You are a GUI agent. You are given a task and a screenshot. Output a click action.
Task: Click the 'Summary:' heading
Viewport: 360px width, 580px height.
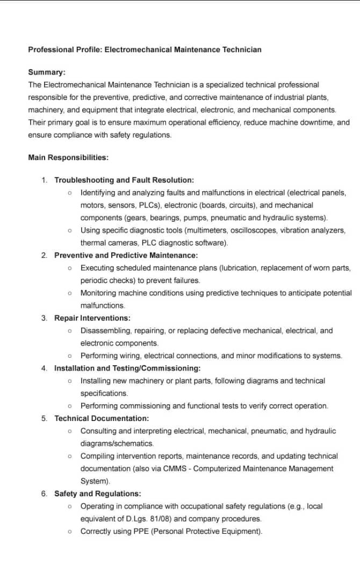(47, 72)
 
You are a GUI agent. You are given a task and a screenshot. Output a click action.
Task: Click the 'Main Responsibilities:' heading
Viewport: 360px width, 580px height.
(68, 158)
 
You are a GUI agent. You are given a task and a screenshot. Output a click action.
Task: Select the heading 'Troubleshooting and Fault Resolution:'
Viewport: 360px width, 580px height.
(124, 180)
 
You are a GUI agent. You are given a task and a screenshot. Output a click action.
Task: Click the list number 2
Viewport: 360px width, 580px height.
(44, 256)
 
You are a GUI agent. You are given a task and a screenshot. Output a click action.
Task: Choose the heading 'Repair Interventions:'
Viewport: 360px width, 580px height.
(92, 318)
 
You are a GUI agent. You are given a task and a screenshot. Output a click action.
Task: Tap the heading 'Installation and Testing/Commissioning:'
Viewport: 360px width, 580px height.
(127, 368)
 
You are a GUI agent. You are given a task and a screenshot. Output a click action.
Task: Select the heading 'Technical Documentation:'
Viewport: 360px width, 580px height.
(102, 418)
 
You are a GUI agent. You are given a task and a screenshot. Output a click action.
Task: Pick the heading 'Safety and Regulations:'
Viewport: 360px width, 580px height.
(98, 494)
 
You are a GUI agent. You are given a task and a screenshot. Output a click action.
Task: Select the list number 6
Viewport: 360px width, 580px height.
(44, 494)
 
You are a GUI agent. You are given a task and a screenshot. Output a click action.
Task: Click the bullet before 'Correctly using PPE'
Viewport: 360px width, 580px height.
(70, 532)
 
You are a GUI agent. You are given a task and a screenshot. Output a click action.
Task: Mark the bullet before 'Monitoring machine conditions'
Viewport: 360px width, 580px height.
(70, 293)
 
